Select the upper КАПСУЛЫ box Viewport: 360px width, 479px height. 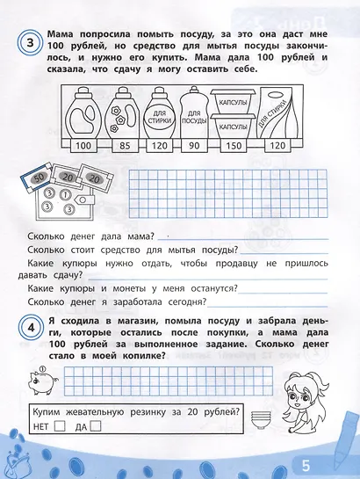coord(234,100)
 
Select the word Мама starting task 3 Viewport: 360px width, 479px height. coord(64,33)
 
